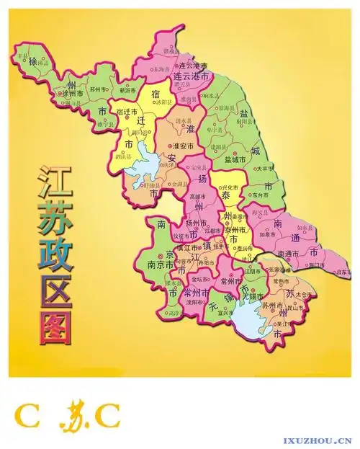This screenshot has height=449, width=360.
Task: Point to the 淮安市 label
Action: point(192,146)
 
